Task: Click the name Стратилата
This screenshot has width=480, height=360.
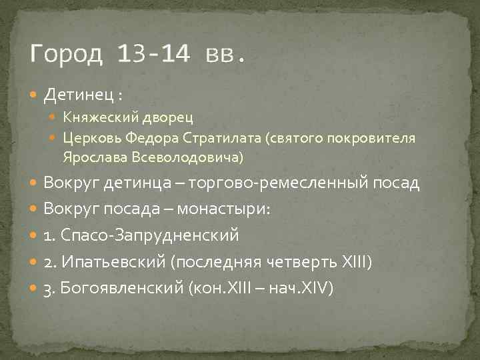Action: pos(225,139)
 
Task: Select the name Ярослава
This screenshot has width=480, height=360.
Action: pos(93,158)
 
